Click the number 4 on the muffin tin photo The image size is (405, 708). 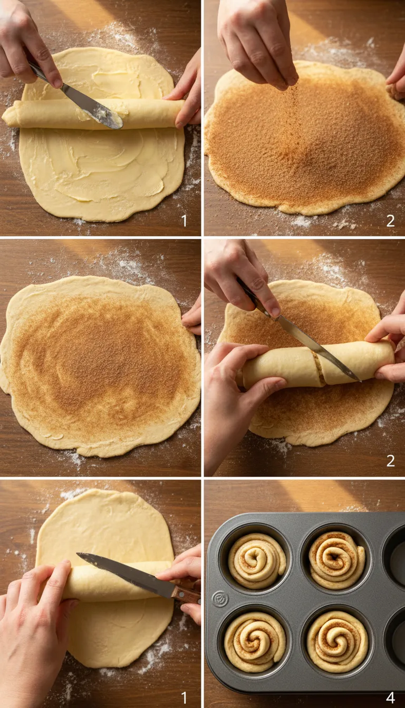tap(390, 697)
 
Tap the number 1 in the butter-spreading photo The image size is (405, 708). tap(184, 220)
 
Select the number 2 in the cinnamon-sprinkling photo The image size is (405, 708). tap(390, 220)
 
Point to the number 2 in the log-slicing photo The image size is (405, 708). tap(390, 460)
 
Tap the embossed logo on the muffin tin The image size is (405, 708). tap(220, 598)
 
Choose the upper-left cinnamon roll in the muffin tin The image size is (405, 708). tap(257, 560)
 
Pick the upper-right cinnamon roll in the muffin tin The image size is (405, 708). tap(336, 559)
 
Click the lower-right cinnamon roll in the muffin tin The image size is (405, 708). tap(337, 641)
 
